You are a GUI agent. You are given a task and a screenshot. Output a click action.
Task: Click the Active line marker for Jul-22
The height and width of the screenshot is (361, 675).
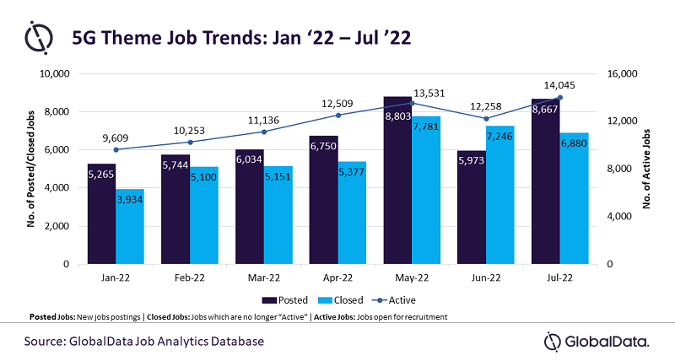(x=559, y=98)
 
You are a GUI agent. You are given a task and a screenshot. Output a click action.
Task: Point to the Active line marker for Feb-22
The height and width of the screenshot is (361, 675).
(x=190, y=142)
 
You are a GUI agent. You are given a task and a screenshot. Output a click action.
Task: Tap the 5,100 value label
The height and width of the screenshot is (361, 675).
(x=203, y=178)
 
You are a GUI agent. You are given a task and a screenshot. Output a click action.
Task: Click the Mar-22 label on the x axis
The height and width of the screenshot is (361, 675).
(x=264, y=276)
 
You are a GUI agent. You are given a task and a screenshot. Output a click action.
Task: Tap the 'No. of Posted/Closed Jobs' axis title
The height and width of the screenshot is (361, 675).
(x=31, y=169)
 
